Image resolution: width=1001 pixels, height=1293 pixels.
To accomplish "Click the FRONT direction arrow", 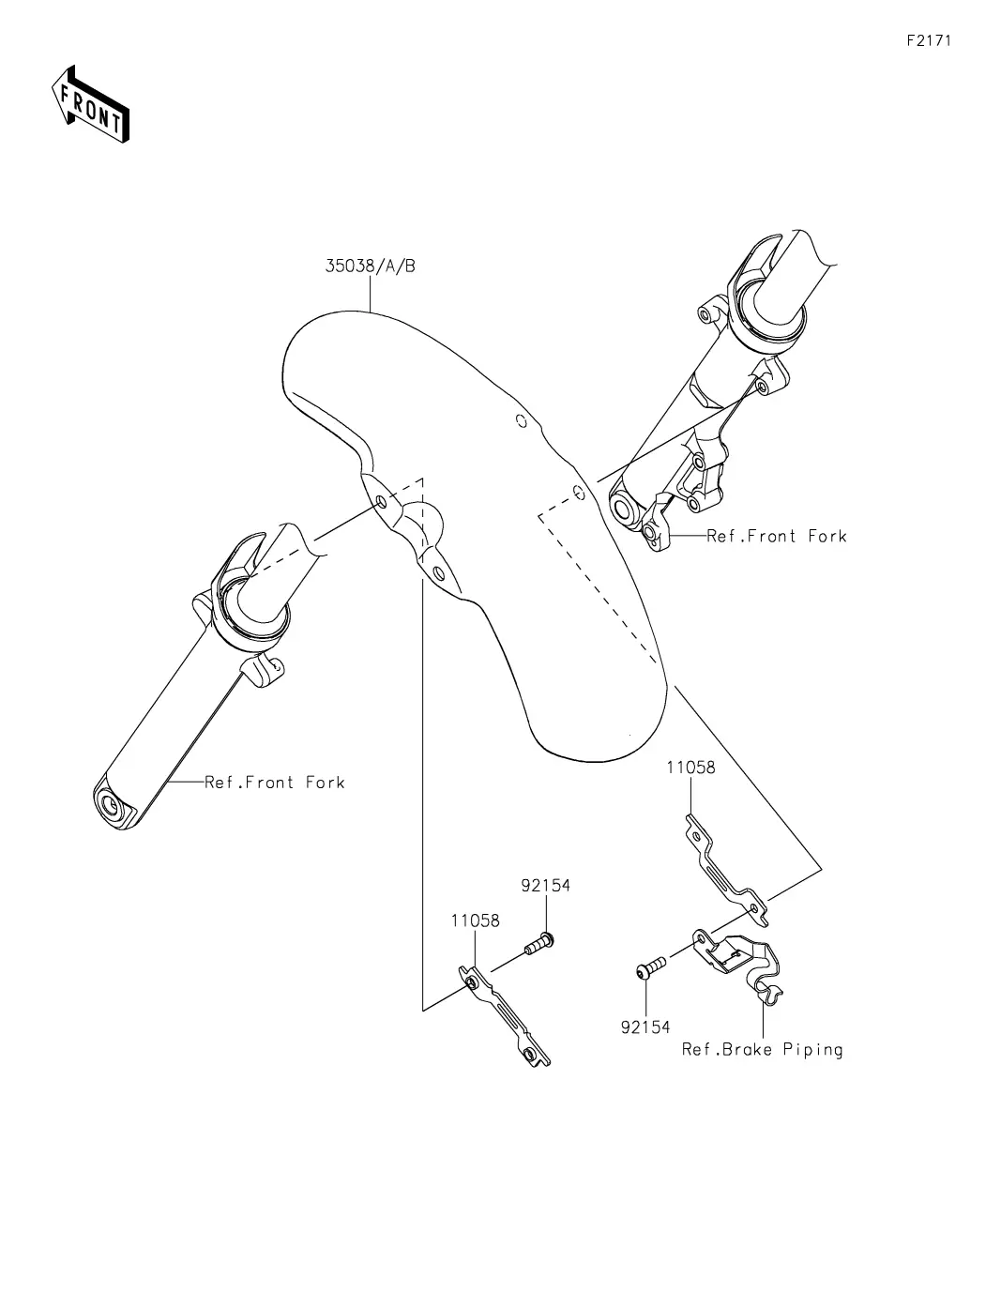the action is [90, 105].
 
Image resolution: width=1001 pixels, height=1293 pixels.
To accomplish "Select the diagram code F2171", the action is [929, 40].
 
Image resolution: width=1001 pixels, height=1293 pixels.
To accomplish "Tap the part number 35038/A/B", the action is [370, 266].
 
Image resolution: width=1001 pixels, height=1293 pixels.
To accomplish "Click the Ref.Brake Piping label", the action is [762, 1050].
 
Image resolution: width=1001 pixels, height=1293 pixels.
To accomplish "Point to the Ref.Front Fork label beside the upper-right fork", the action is [776, 536].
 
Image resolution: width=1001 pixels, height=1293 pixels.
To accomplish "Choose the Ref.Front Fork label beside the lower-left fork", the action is [274, 782].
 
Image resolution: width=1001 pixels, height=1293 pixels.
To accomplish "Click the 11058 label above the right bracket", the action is [690, 767].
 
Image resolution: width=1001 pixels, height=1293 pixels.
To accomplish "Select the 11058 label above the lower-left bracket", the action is [475, 920].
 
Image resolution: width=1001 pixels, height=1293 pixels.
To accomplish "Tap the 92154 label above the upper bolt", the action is [545, 886].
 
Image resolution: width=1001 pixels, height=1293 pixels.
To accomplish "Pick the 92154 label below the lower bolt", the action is [645, 1027].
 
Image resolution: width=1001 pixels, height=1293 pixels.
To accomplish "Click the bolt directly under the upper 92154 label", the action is [539, 943].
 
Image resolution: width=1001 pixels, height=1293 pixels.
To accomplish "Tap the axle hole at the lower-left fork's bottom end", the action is [112, 806].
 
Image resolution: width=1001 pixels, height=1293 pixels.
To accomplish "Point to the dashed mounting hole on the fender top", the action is [521, 421].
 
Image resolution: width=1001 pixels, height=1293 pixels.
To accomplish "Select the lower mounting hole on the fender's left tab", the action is [439, 573].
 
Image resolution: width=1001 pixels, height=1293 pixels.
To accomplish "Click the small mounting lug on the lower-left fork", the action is [264, 670].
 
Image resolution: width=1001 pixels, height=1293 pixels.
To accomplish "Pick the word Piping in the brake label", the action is [812, 1050].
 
